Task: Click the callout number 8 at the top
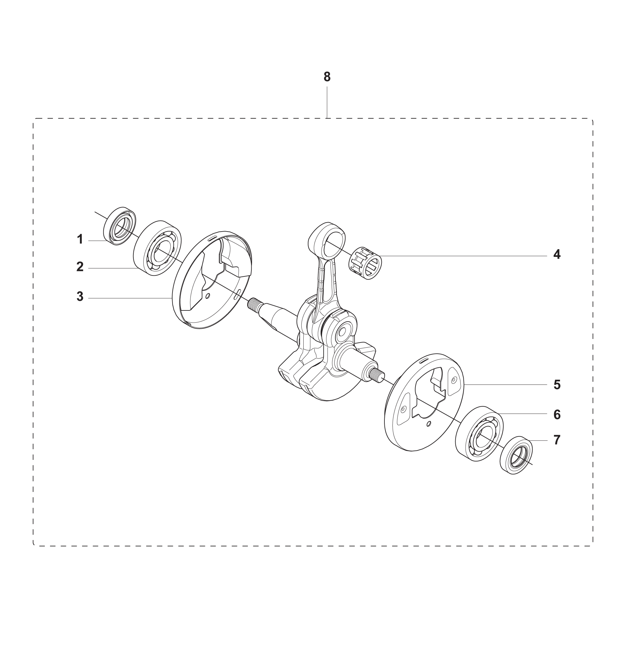(x=327, y=77)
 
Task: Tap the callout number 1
(x=80, y=240)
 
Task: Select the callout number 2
(x=80, y=267)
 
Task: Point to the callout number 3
(x=80, y=297)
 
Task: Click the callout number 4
(x=557, y=254)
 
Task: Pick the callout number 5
(x=557, y=385)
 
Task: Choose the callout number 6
(x=557, y=415)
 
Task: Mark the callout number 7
(x=557, y=440)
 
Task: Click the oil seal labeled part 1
(x=119, y=226)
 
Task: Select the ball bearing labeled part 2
(x=157, y=249)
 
